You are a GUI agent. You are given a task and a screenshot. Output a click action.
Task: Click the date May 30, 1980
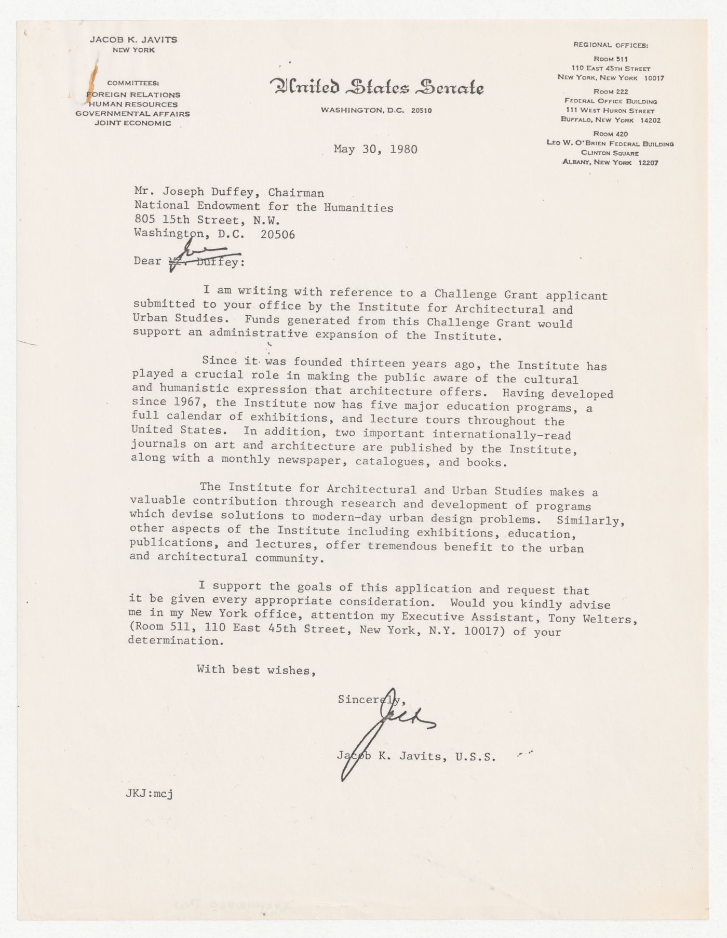click(375, 150)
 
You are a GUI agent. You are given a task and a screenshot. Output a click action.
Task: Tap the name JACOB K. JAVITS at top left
click(133, 39)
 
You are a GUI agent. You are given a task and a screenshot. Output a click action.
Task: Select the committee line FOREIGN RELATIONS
click(133, 95)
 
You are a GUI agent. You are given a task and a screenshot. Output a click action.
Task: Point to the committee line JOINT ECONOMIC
click(133, 123)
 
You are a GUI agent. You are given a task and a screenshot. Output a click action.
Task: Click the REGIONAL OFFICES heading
click(610, 45)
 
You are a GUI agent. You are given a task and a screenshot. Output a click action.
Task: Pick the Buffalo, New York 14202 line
click(610, 119)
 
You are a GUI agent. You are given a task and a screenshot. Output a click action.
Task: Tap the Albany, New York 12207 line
click(610, 163)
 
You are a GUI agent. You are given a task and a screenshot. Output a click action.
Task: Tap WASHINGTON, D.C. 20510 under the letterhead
click(376, 110)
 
